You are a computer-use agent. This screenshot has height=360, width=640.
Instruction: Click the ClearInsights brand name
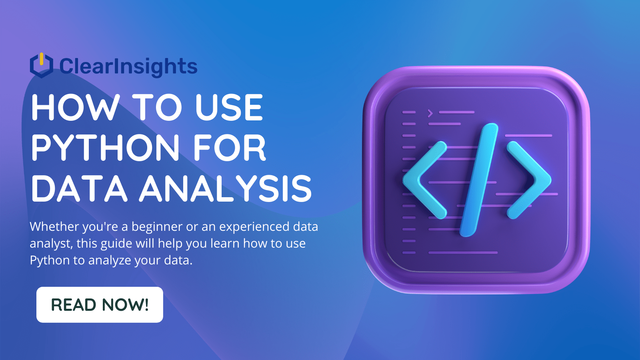tap(128, 66)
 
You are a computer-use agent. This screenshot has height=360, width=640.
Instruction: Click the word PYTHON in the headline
tap(105, 148)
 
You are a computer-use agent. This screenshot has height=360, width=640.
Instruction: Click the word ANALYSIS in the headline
tap(226, 189)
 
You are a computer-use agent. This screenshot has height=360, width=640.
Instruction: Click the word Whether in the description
tap(54, 227)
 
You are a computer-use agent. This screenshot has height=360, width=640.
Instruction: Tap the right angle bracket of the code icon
tap(529, 180)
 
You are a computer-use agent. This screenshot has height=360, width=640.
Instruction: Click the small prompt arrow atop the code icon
tap(430, 113)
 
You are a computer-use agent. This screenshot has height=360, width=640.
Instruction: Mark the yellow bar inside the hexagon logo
tap(41, 59)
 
